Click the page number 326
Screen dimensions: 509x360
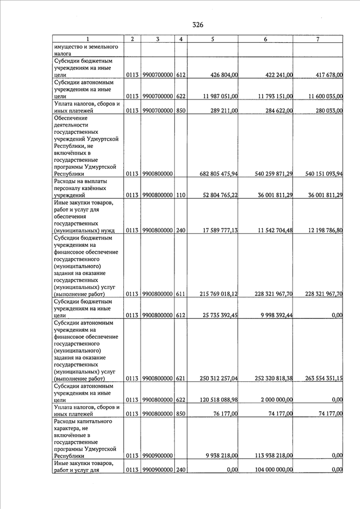[x=197, y=25]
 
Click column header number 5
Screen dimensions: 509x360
[x=213, y=39]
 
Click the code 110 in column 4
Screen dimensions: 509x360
[x=181, y=195]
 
